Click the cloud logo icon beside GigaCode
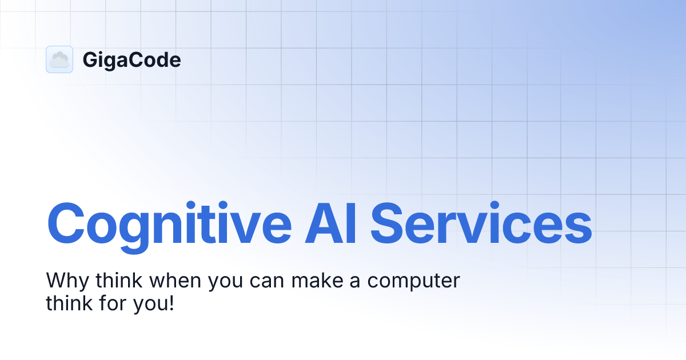tap(59, 59)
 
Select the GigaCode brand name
tap(131, 60)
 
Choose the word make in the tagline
tap(312, 281)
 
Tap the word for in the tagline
tap(109, 303)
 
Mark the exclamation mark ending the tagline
tap(170, 303)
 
